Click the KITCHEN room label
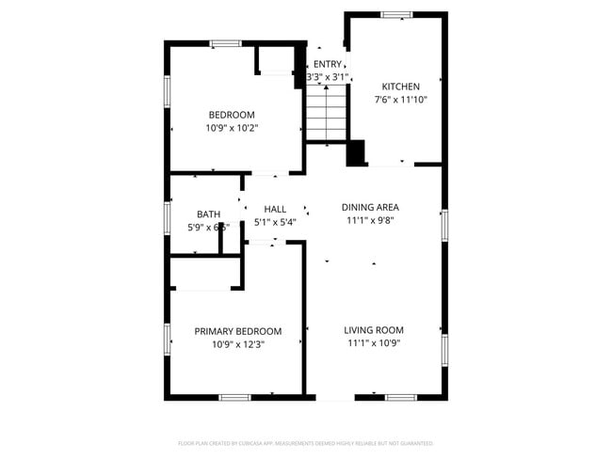point(400,87)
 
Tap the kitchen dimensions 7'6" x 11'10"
point(400,99)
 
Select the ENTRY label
point(328,64)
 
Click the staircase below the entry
point(327,112)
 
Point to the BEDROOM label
point(232,115)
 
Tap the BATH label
point(208,214)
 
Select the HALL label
point(275,209)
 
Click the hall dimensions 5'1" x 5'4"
point(275,222)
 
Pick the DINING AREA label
point(370,207)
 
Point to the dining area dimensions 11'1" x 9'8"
point(370,220)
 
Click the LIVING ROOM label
point(374,330)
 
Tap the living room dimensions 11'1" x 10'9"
point(374,343)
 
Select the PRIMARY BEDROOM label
point(237,331)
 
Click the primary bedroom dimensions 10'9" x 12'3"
point(237,344)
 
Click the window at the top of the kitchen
point(396,14)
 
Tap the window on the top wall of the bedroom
point(225,42)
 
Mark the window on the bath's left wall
point(168,217)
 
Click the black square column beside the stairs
point(356,153)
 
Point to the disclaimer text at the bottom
point(305,442)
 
